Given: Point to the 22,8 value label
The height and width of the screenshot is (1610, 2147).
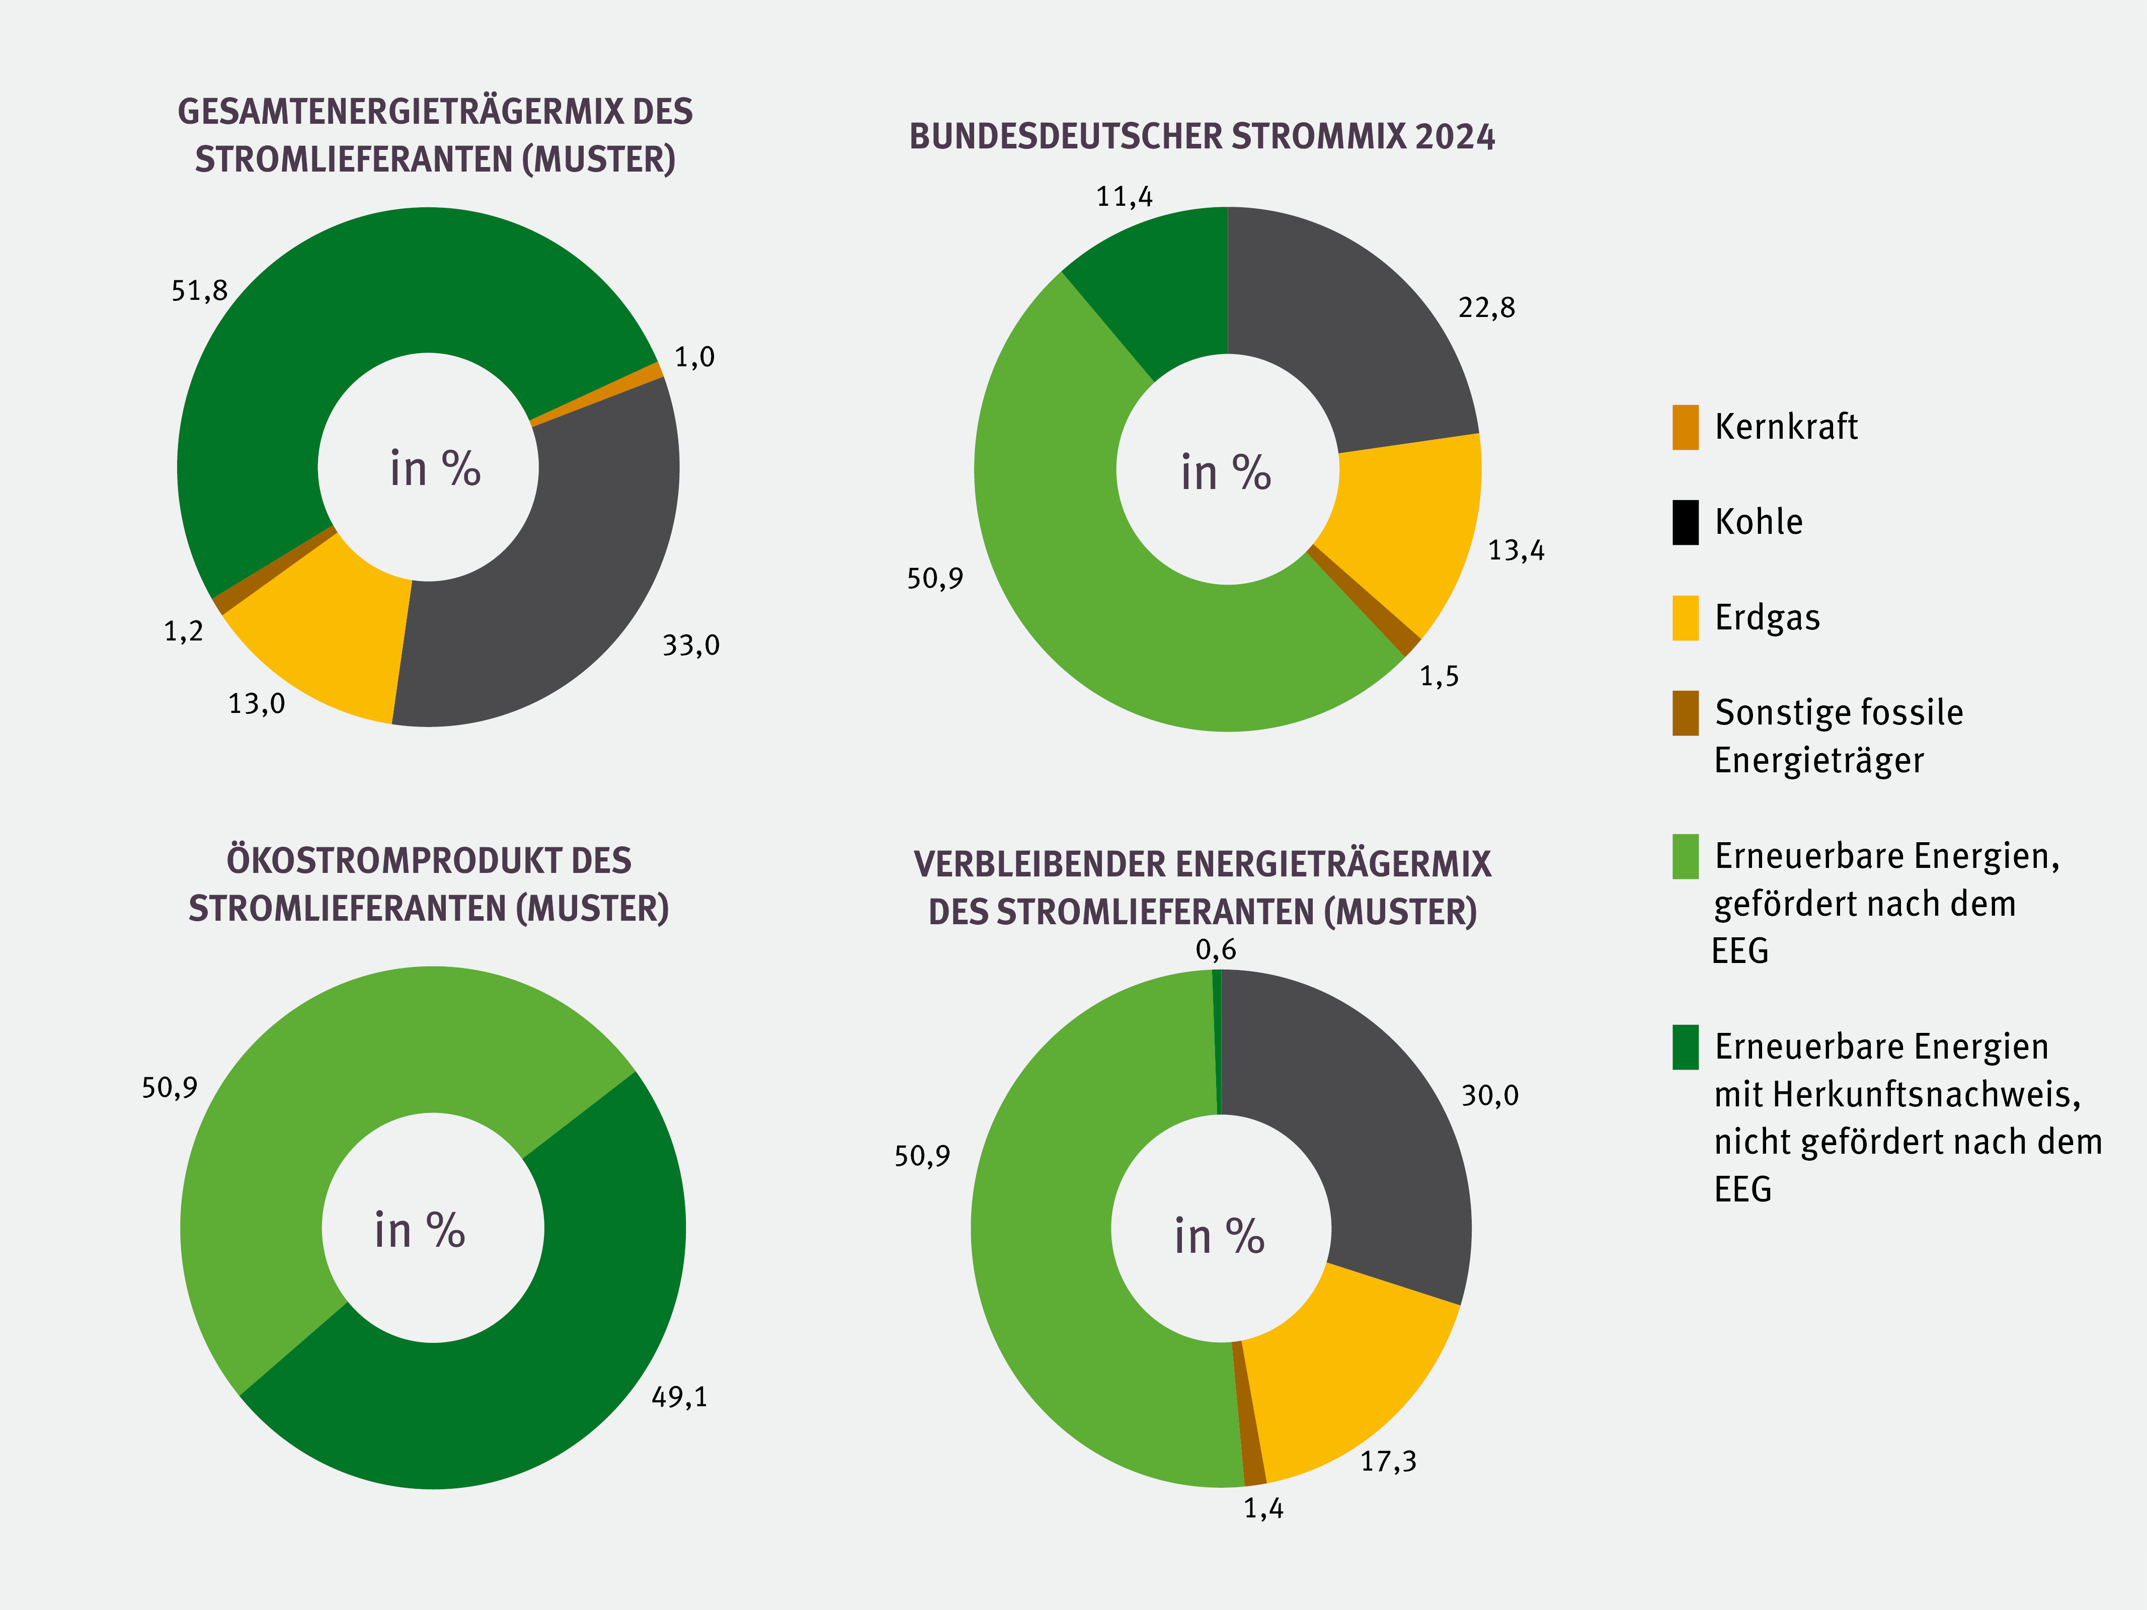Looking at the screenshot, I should (x=1486, y=307).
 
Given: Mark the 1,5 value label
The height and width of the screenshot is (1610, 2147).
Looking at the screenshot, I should (x=1439, y=676).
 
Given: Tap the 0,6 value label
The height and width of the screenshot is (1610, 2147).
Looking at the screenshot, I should (x=1215, y=950).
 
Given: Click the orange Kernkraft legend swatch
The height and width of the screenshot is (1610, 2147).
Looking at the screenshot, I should (x=1685, y=427).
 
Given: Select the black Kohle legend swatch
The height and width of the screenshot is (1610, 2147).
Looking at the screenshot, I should (x=1685, y=522).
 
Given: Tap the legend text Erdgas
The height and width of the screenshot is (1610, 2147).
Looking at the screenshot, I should (x=1767, y=617).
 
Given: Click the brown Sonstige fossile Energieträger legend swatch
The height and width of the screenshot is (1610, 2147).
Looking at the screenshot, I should (x=1685, y=713).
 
